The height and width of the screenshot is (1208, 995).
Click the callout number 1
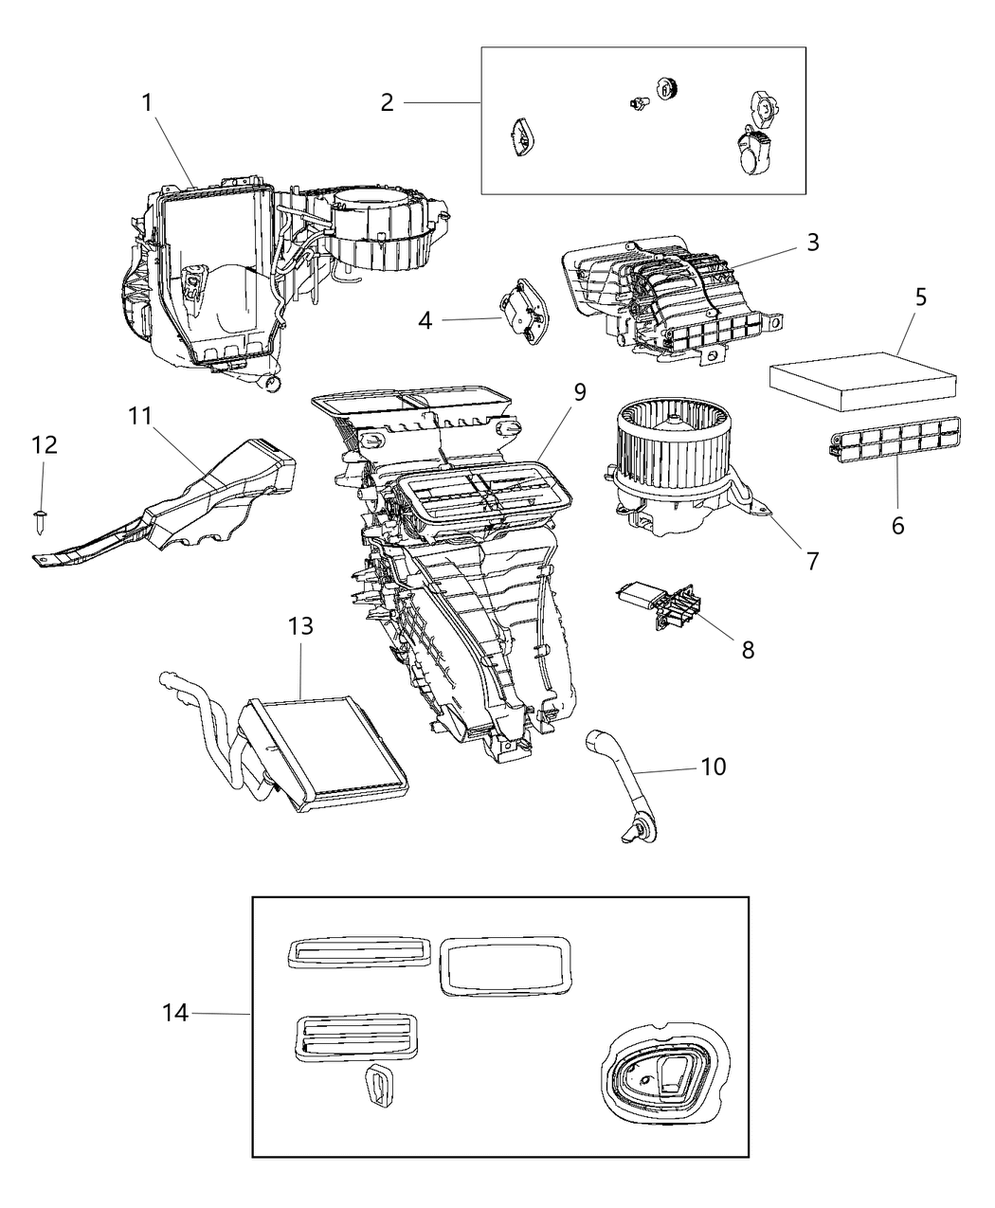point(147,102)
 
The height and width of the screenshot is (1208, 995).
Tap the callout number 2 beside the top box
point(387,102)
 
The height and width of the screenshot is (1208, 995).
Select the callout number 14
point(176,1014)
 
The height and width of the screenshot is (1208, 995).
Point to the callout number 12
point(44,445)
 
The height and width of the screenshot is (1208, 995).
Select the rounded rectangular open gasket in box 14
point(502,966)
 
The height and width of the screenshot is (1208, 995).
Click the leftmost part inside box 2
point(522,136)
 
